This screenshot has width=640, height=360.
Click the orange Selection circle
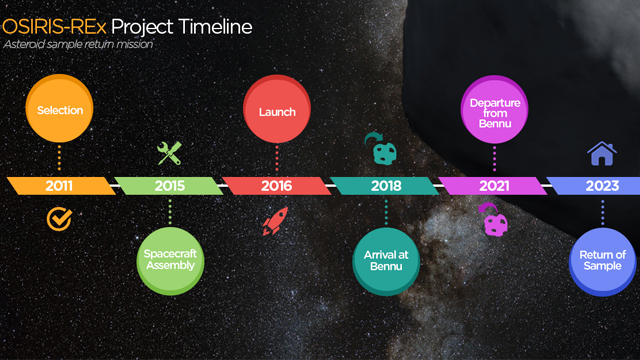click(59, 110)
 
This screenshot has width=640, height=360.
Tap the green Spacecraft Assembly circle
click(170, 260)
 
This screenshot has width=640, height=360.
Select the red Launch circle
click(277, 110)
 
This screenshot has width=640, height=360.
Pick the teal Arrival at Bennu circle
click(385, 260)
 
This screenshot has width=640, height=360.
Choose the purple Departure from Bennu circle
click(494, 110)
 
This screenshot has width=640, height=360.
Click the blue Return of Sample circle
click(602, 260)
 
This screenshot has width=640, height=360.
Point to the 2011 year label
click(59, 186)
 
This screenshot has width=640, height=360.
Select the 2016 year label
click(277, 186)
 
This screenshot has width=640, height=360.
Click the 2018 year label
click(385, 186)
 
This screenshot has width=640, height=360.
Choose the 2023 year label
click(602, 186)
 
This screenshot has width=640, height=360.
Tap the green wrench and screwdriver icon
click(170, 153)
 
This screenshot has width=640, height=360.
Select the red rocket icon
click(275, 221)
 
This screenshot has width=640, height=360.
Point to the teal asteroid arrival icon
click(384, 150)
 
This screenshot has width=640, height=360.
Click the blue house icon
click(602, 153)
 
